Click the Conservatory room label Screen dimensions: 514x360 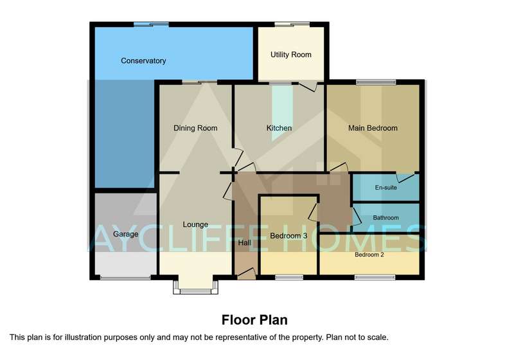143,60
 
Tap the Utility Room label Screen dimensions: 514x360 291,55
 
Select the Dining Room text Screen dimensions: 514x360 195,128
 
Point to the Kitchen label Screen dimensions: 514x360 279,128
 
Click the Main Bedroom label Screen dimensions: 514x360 373,128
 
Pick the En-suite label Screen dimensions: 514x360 386,188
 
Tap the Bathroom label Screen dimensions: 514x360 386,218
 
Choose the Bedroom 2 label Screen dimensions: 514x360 369,255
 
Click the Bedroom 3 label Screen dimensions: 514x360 288,236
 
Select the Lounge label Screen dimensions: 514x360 195,224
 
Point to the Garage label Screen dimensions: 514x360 125,234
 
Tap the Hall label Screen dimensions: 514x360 245,242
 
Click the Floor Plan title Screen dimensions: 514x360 254,320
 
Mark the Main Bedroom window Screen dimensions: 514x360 376,82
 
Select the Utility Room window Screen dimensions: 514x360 292,24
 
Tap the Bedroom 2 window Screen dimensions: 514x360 375,278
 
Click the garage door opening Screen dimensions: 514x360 125,278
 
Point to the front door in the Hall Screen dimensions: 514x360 246,274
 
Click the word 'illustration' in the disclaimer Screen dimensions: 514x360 84,337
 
